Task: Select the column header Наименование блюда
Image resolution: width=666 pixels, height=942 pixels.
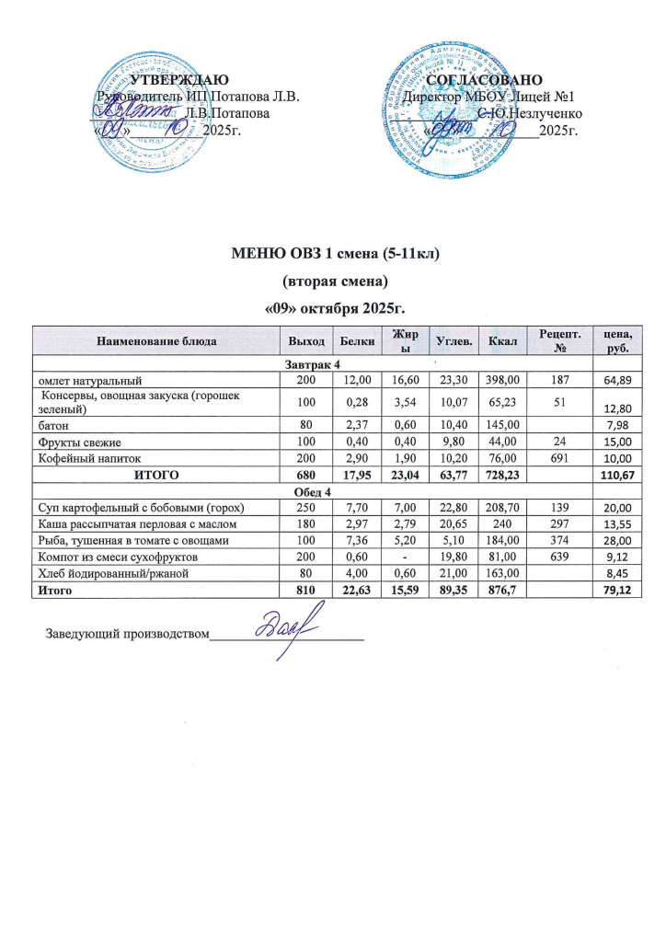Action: click(x=155, y=342)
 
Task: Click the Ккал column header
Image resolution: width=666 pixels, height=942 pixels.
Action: click(x=502, y=342)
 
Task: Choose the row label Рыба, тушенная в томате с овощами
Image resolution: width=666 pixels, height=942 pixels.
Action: click(x=126, y=540)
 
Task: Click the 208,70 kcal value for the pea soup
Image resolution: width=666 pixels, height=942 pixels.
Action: click(x=502, y=508)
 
